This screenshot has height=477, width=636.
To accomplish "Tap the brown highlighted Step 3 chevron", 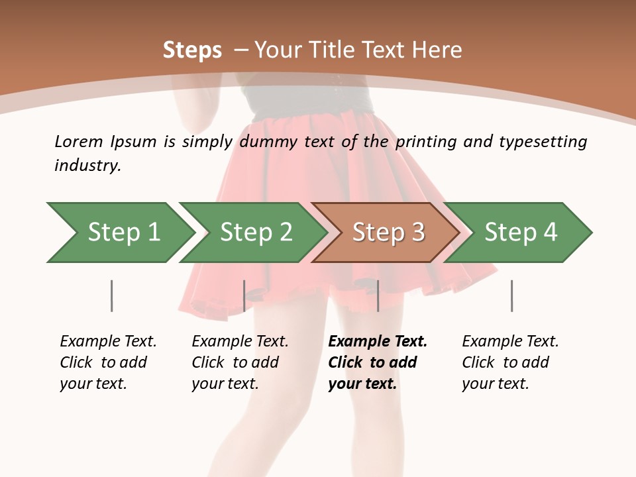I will pyautogui.click(x=388, y=233).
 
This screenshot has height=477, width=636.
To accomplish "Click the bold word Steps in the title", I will pyautogui.click(x=192, y=50).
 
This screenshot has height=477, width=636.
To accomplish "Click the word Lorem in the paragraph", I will pyautogui.click(x=78, y=141).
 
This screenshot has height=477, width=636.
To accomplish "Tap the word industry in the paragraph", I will pyautogui.click(x=87, y=166).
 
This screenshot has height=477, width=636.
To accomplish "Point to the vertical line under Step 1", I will pyautogui.click(x=111, y=295).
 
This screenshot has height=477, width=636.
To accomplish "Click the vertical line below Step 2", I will pyautogui.click(x=244, y=295).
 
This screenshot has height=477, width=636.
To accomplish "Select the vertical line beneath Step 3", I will pyautogui.click(x=378, y=295).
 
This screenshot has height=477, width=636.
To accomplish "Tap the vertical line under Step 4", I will pyautogui.click(x=511, y=295).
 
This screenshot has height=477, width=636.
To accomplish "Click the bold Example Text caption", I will pyautogui.click(x=378, y=342).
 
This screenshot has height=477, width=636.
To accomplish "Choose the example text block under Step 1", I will pyautogui.click(x=108, y=362).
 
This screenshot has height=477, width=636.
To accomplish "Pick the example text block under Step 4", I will pyautogui.click(x=510, y=362).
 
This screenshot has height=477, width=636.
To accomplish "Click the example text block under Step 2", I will pyautogui.click(x=240, y=362).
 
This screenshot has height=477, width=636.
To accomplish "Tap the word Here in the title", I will pyautogui.click(x=437, y=50).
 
